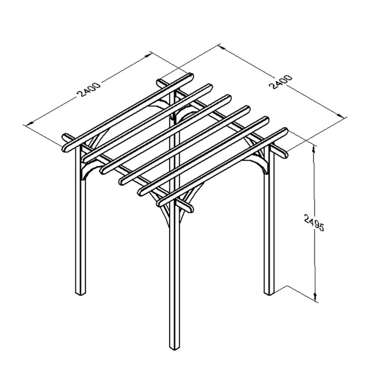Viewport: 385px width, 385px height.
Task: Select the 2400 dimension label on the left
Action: [x=88, y=90]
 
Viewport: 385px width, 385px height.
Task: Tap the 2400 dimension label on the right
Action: [x=281, y=82]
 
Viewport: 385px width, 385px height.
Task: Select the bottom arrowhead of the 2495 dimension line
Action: [x=315, y=297]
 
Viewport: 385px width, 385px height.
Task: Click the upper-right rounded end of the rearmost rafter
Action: [x=191, y=76]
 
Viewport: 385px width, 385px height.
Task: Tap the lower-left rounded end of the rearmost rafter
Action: [x=65, y=149]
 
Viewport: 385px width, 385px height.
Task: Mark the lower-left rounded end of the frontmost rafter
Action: [x=160, y=203]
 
